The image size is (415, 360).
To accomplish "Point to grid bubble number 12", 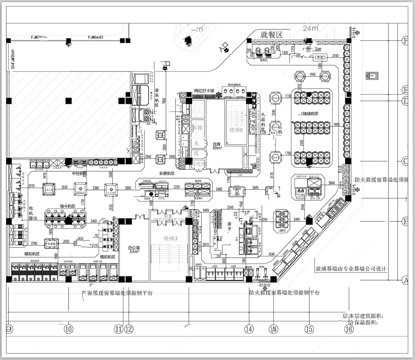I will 130,327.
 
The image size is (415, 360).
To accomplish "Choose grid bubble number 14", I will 246,327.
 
